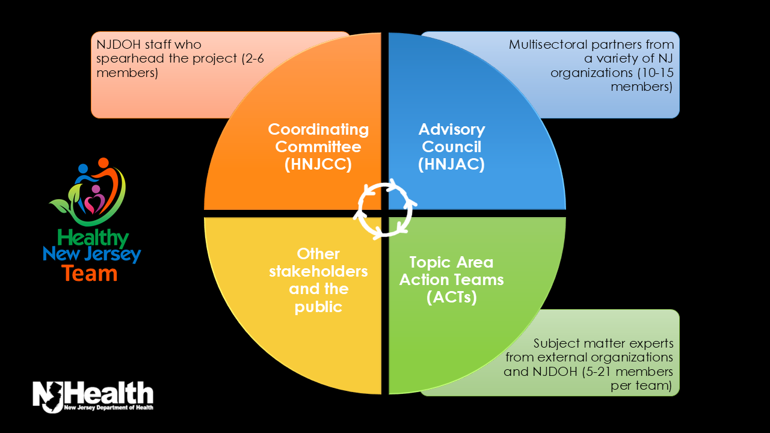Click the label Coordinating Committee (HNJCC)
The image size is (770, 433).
point(318,147)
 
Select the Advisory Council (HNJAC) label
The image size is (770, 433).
point(452,147)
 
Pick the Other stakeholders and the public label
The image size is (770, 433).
point(318,280)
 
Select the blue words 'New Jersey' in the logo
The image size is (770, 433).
point(91,255)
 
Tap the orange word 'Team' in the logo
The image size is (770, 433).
point(89,274)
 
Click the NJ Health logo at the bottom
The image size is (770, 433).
point(93,396)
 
